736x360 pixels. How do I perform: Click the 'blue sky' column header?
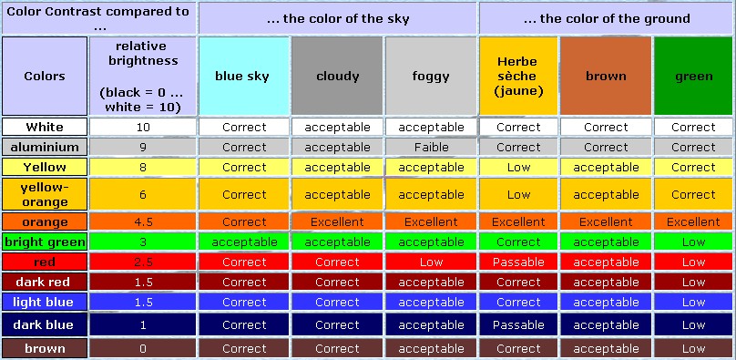(242, 77)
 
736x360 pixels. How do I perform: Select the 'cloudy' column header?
(337, 77)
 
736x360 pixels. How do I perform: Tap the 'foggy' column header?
(431, 77)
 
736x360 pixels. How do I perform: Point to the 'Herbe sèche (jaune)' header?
(518, 77)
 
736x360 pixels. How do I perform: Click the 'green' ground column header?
(693, 77)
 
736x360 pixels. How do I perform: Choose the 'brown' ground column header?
(606, 77)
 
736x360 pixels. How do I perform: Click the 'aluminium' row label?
(45, 147)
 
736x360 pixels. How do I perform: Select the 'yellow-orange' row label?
(45, 194)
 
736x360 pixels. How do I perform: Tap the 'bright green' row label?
(45, 242)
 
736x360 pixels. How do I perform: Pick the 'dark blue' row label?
(45, 324)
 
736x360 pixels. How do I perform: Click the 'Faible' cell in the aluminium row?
(431, 147)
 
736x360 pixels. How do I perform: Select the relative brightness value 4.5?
(141, 221)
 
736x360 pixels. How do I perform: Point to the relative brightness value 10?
(141, 127)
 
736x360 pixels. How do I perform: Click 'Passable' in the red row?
(518, 262)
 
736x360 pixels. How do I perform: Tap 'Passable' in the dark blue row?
(518, 324)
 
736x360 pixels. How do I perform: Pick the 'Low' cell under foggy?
(431, 262)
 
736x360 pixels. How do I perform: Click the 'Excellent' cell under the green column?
(693, 221)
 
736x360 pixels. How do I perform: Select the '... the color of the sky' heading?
(337, 17)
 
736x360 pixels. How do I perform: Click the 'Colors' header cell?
(45, 77)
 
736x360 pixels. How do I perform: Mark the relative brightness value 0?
(141, 348)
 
